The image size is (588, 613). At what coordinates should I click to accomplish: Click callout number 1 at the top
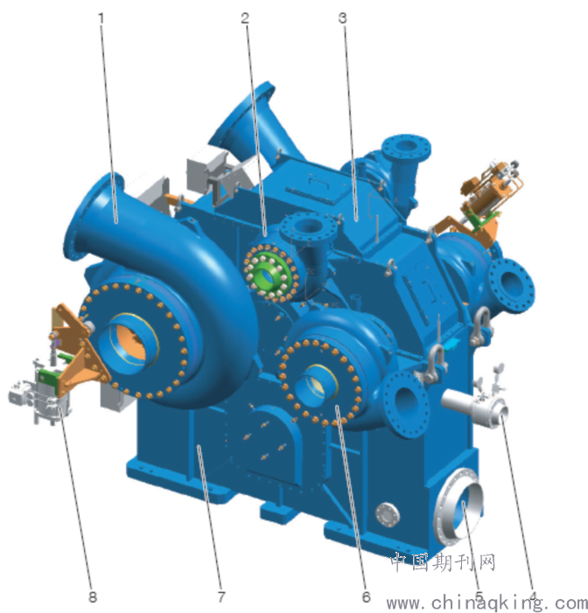pyautogui.click(x=101, y=18)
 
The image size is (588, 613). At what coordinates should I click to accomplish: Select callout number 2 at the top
pyautogui.click(x=245, y=18)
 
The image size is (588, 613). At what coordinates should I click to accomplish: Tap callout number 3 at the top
pyautogui.click(x=343, y=18)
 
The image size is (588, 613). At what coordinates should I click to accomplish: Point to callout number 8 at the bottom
pyautogui.click(x=93, y=597)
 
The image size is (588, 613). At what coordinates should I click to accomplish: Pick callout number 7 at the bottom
pyautogui.click(x=221, y=597)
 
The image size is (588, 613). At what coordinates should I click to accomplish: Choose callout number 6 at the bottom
pyautogui.click(x=366, y=597)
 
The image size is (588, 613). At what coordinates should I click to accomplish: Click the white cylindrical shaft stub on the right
pyautogui.click(x=474, y=406)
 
